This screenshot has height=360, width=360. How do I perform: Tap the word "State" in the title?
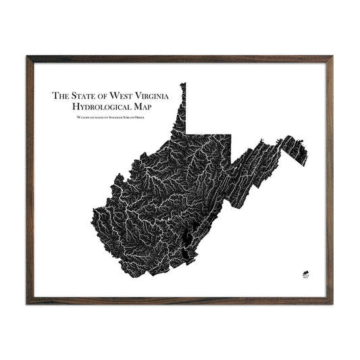84,96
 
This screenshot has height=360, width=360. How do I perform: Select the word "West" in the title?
124,96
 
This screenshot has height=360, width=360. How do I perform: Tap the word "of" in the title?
105,96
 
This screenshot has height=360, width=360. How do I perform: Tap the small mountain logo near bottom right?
304,275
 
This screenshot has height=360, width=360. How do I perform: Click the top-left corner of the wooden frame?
28,57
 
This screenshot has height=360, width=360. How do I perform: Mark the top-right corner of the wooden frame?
332,57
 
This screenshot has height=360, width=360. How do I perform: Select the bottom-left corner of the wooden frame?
28,302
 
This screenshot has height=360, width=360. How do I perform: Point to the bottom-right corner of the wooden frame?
332,302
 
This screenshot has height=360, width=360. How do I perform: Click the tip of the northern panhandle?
182,84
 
